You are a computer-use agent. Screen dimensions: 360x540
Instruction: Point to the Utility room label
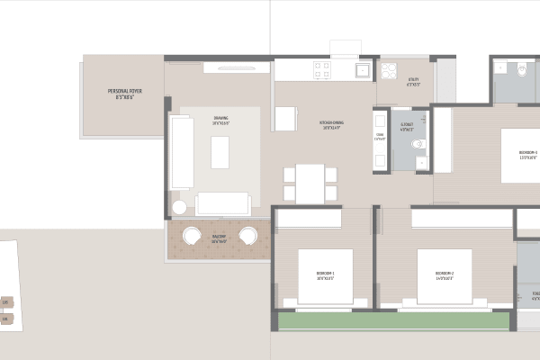[413, 82]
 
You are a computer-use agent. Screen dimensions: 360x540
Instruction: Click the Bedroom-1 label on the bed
[325, 274]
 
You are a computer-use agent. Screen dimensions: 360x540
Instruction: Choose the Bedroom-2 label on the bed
[444, 274]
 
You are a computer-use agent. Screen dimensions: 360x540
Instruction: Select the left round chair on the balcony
[193, 238]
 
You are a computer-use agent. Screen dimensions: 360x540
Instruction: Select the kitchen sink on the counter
[363, 70]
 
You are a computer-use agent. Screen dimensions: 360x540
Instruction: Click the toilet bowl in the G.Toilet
[418, 144]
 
